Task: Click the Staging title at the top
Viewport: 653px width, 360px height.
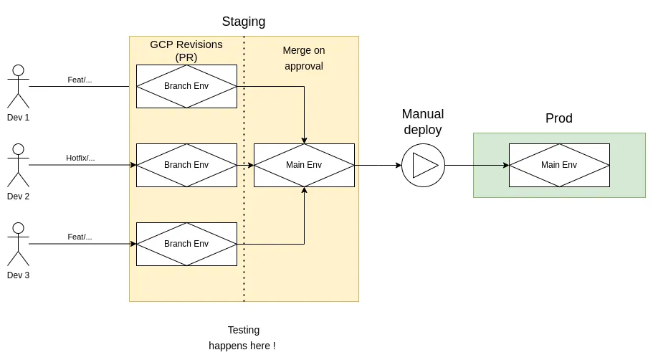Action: [x=243, y=22]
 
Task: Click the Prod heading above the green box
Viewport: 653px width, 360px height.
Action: [x=558, y=118]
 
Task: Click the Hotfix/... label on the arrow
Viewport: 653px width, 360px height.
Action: [x=80, y=158]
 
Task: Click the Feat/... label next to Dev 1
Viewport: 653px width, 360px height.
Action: [x=80, y=80]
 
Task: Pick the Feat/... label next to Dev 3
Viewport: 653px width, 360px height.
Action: [x=80, y=237]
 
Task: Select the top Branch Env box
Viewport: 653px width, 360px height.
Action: [x=186, y=86]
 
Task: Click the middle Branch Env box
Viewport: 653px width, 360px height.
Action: [x=186, y=165]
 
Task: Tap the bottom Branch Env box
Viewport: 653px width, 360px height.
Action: [x=186, y=244]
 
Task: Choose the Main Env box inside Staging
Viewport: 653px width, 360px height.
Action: [x=304, y=165]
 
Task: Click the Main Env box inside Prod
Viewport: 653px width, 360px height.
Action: [x=559, y=165]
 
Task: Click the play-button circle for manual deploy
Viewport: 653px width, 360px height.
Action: [x=423, y=165]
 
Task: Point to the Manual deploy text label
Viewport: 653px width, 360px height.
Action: [x=422, y=122]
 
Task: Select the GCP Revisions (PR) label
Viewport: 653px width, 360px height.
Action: [x=186, y=51]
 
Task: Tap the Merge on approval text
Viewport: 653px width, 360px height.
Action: [x=303, y=58]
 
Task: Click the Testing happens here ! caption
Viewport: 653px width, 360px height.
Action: [x=243, y=338]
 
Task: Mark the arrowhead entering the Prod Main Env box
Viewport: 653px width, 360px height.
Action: [x=506, y=165]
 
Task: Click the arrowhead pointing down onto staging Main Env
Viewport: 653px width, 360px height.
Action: [x=304, y=140]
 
